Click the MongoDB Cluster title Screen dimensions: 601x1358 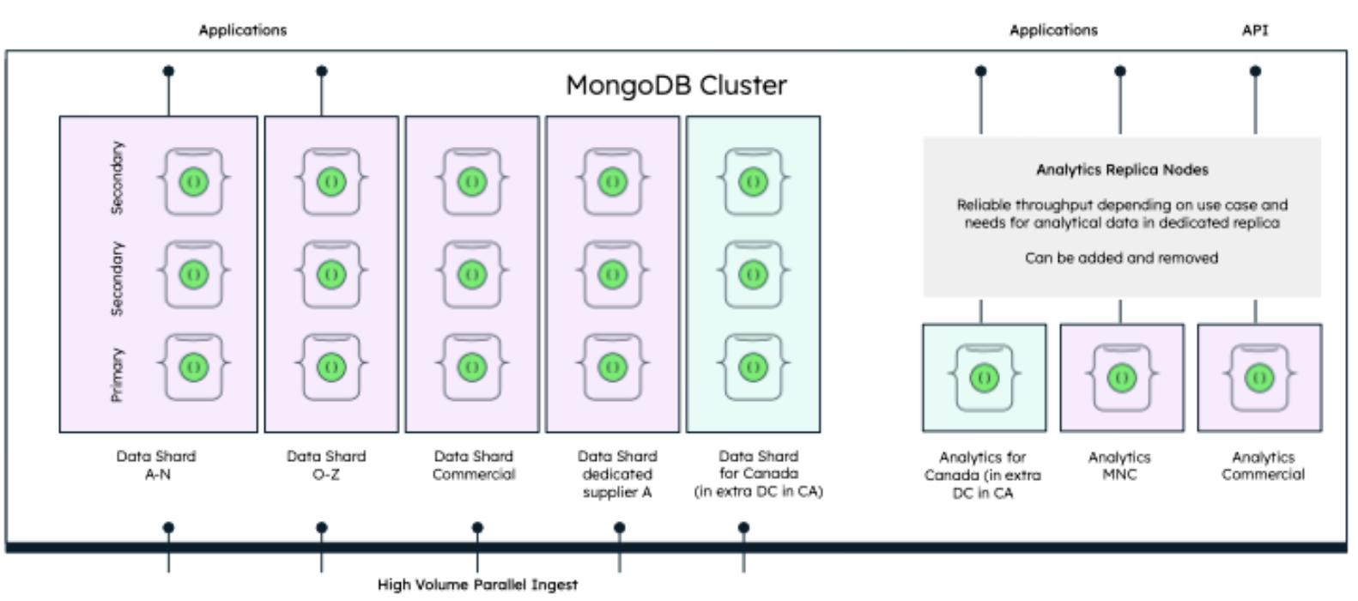tap(676, 85)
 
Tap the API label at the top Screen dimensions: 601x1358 tap(1254, 30)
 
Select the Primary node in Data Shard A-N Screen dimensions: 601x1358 tap(193, 367)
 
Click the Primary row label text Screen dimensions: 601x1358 tap(118, 374)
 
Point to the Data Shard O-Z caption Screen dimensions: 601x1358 tap(326, 464)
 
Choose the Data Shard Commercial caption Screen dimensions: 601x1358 tap(473, 464)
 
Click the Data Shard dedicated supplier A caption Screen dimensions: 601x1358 tap(616, 473)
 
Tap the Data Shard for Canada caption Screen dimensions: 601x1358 tap(758, 473)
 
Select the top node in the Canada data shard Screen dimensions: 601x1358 tap(753, 182)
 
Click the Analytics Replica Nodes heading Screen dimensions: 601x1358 tap(1121, 170)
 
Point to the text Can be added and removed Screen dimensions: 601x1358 tap(1121, 258)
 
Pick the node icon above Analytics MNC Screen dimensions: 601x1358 tap(1121, 377)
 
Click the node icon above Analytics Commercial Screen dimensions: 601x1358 tap(1258, 377)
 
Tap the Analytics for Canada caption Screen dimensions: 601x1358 tap(982, 475)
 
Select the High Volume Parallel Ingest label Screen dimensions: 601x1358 tap(477, 585)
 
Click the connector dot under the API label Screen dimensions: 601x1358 tap(1255, 71)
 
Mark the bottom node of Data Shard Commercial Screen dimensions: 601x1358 tap(471, 367)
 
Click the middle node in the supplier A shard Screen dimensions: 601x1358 tap(612, 275)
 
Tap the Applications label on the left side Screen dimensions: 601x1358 tap(242, 30)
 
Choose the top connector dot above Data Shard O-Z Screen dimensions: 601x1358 tap(322, 71)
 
